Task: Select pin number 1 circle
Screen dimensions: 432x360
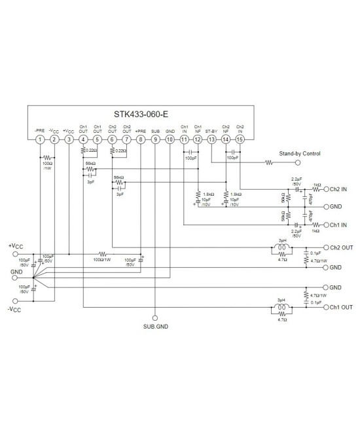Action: [41, 139]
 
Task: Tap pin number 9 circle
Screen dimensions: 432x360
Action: [155, 139]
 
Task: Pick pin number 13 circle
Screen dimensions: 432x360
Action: [211, 139]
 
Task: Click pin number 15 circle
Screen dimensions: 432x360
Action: [240, 139]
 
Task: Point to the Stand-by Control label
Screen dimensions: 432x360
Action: [299, 155]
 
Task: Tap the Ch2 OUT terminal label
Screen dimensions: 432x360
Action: [341, 249]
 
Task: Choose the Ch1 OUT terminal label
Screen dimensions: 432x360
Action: [341, 307]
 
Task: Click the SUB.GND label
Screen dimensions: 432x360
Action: [155, 325]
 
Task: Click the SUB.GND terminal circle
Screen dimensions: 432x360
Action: [155, 315]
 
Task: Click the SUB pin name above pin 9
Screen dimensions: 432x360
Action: [155, 131]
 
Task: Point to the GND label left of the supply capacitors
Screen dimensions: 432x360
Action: [16, 270]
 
